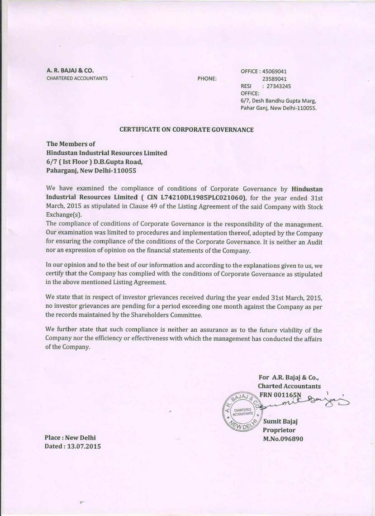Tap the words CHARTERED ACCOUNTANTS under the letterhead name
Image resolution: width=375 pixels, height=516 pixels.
tap(77, 78)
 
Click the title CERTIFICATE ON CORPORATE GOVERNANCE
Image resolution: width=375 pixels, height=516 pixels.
tap(186, 129)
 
